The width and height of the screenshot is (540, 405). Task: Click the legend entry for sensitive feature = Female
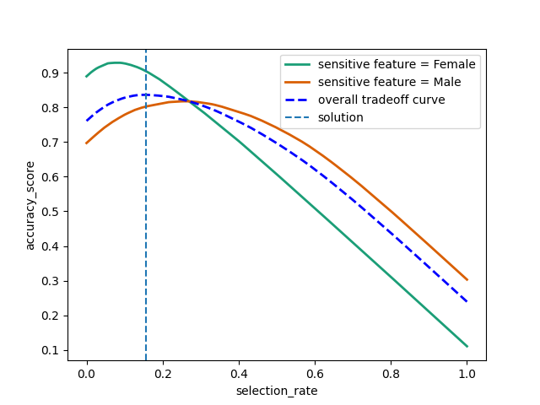click(397, 64)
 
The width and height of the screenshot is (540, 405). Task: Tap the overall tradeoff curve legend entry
click(381, 100)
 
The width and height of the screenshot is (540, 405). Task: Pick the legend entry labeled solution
click(341, 117)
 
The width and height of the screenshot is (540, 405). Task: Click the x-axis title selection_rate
click(277, 391)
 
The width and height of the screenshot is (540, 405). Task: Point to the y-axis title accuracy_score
click(30, 205)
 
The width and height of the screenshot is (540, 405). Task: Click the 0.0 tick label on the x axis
click(86, 375)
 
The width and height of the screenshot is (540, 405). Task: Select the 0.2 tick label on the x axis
click(163, 375)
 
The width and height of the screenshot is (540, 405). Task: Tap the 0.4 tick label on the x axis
click(239, 375)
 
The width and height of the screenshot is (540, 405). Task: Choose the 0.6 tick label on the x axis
click(315, 375)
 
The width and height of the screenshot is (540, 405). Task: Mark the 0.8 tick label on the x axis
click(391, 375)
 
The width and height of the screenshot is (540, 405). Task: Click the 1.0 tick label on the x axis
click(467, 375)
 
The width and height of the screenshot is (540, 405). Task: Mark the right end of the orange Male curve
click(467, 279)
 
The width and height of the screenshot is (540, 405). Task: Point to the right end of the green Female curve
click(467, 346)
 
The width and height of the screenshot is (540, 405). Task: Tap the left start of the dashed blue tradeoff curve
click(87, 121)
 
